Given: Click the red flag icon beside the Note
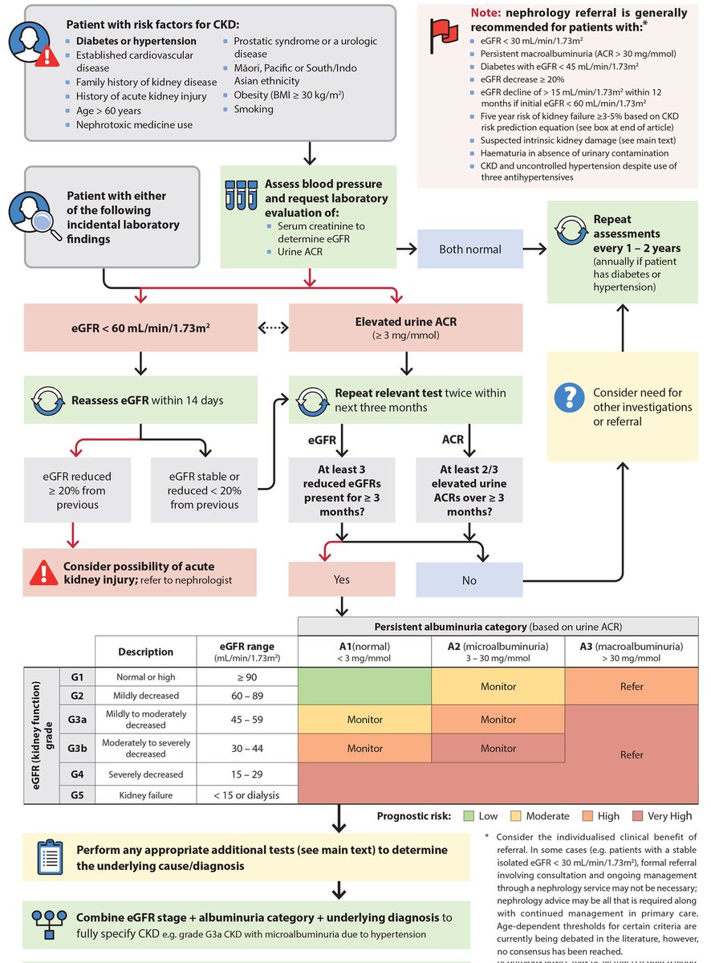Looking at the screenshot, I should click(441, 32).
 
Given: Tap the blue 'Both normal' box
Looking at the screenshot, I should click(470, 250).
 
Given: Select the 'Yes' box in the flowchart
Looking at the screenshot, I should click(342, 579).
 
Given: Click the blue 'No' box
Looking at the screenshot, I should click(469, 580).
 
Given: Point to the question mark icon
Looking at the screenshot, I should click(571, 395).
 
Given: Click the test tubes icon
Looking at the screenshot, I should click(242, 193).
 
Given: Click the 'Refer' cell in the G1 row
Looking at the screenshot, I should click(632, 687).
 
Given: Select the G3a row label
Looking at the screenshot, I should click(77, 719).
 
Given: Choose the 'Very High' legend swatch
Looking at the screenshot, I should click(637, 816).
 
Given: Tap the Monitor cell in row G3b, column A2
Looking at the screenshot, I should click(498, 748).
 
